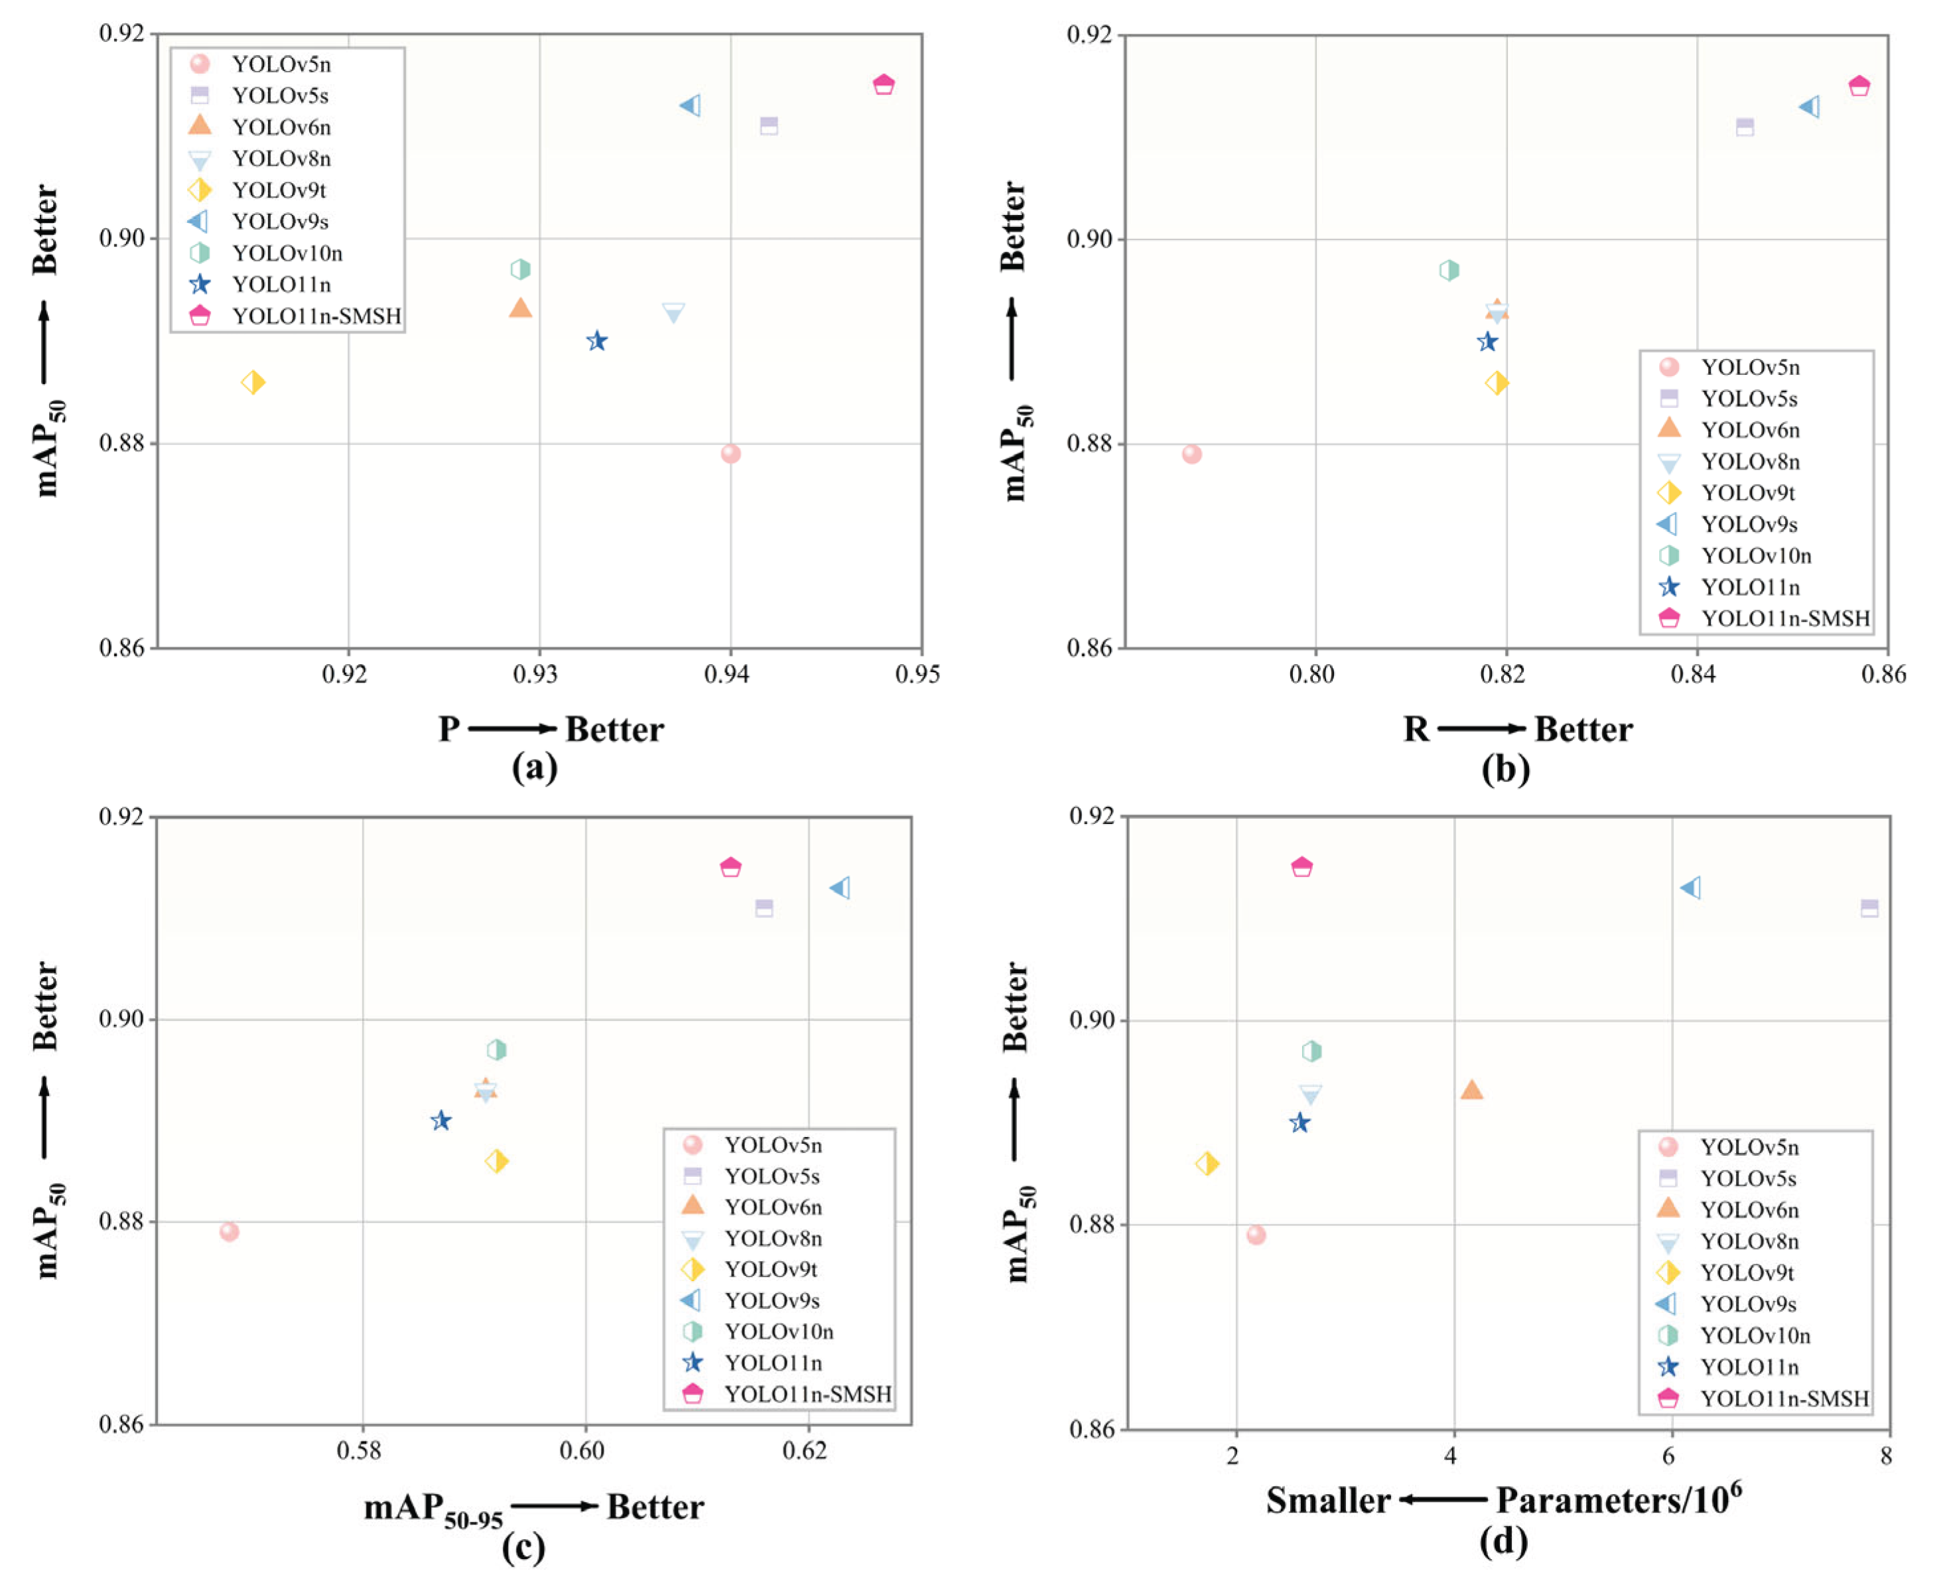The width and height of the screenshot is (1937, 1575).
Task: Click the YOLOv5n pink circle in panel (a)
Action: coord(730,454)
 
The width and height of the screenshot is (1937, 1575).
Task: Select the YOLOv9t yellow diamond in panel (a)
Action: coord(253,382)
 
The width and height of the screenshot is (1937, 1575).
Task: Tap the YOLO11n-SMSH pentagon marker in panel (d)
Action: coord(1302,866)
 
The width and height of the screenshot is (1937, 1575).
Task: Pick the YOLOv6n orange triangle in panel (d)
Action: coord(1471,1089)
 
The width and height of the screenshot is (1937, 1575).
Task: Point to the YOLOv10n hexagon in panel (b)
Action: coord(1449,269)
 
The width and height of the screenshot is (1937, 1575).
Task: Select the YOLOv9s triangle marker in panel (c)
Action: coord(841,887)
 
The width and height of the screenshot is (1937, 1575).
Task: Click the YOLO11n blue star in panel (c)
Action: coord(441,1121)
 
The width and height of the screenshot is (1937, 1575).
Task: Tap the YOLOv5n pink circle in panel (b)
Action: coord(1192,454)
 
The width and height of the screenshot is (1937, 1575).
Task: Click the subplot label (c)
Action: coord(523,1548)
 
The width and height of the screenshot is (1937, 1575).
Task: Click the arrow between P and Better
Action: coord(513,728)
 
